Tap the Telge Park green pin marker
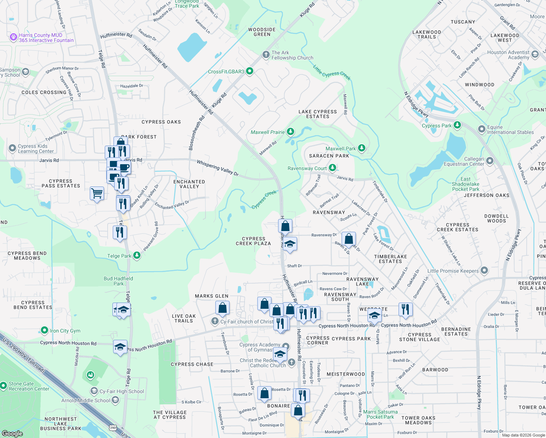pos(137,255)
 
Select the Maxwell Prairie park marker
pos(290,131)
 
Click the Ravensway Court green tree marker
pos(332,168)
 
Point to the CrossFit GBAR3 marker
pos(250,71)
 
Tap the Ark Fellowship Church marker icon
pos(266,55)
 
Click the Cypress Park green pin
pos(457,125)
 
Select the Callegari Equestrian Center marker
pos(490,161)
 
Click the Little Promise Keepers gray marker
pos(484,270)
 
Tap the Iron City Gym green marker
pos(45,330)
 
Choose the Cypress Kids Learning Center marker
pos(12,148)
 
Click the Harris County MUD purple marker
pos(14,37)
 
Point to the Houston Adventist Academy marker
pos(535,54)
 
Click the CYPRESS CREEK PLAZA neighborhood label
pos(253,241)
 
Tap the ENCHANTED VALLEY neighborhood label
pos(189,184)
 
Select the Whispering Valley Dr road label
pos(218,168)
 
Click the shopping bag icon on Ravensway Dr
pos(349,239)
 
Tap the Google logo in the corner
pos(12,433)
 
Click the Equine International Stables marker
pos(482,129)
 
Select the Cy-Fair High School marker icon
pos(94,391)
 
